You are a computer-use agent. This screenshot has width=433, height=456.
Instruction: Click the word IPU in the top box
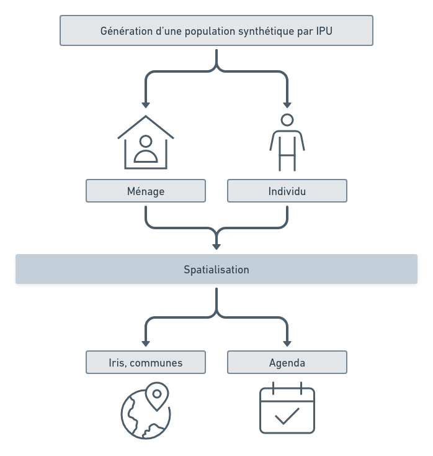pos(324,31)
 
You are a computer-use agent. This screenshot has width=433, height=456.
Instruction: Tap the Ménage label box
pos(145,191)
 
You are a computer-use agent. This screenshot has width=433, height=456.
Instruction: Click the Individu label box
pos(287,191)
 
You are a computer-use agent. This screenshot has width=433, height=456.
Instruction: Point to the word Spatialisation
pos(216,270)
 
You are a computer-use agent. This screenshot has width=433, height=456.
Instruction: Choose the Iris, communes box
pos(145,363)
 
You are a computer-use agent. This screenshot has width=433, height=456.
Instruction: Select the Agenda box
pos(287,363)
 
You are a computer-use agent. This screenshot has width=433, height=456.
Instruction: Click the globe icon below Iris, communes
pos(145,413)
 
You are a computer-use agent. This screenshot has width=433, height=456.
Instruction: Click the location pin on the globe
pos(158,394)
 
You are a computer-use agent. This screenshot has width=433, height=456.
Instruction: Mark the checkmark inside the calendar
pos(287,416)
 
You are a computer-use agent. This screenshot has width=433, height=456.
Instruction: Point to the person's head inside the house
pos(146,141)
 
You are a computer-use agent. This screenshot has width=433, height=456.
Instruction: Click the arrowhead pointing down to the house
pos(146,104)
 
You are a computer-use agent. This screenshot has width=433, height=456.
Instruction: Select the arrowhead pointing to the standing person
pos(287,104)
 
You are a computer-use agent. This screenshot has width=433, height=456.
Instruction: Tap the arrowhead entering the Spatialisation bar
pos(216,245)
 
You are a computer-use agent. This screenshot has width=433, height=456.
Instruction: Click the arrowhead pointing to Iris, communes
pos(146,342)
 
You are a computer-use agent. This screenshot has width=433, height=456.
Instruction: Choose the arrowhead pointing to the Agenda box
pos(287,342)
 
